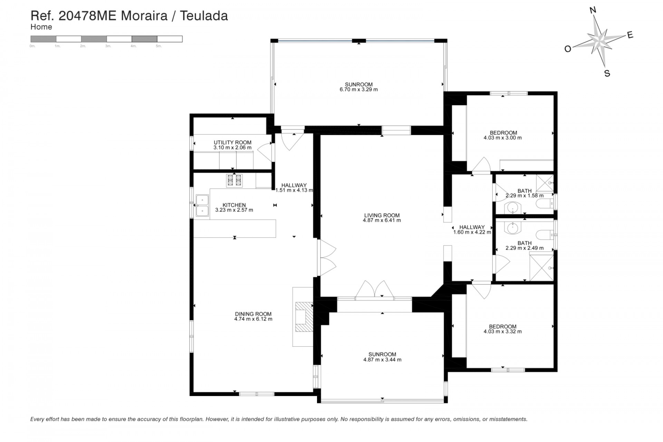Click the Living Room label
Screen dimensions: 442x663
coord(382,215)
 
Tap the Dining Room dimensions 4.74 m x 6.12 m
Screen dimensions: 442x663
coord(253,319)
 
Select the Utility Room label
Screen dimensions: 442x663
coord(232,142)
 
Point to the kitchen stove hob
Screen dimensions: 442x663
coord(234,181)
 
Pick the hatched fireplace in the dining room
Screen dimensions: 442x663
coord(304,317)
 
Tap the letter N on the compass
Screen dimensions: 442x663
coord(593,10)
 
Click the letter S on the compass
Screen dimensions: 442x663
coord(607,73)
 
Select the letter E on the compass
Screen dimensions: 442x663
coord(630,35)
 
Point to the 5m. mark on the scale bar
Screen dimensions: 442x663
coord(159,46)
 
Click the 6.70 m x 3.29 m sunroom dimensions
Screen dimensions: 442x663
coord(358,89)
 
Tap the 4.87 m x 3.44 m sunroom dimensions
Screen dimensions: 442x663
coord(382,359)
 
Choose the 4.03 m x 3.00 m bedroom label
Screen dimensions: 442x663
coord(503,133)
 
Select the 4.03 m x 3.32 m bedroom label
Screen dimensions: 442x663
coord(502,326)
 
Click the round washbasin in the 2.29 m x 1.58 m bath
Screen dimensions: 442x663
coord(512,208)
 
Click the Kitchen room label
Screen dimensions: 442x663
coord(234,205)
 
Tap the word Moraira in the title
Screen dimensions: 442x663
coord(144,16)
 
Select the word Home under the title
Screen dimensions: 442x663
coord(41,27)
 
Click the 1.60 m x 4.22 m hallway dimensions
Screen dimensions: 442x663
coord(472,232)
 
